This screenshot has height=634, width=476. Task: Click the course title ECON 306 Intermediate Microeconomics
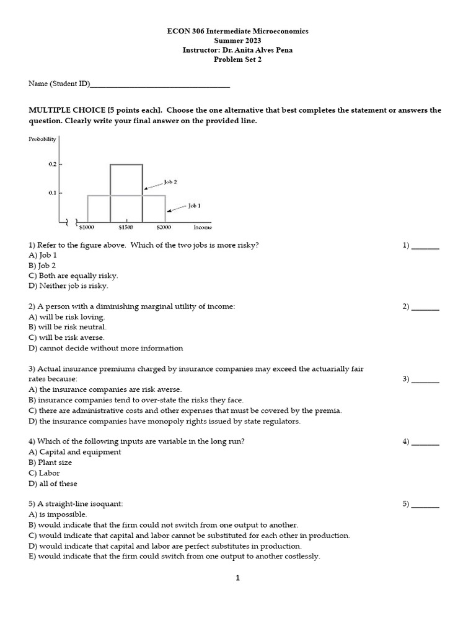click(237, 30)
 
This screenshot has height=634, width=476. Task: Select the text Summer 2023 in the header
click(237, 40)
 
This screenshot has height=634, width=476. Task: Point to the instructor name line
click(237, 50)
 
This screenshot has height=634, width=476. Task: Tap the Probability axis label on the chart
click(42, 139)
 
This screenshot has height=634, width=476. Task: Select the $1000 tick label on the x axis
click(87, 228)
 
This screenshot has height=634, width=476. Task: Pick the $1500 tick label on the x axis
click(126, 228)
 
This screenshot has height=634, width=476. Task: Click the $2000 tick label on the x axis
click(164, 228)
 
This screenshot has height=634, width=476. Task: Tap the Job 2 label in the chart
click(170, 182)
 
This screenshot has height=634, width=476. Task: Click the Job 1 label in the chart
click(194, 205)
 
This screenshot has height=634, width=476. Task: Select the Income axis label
click(203, 228)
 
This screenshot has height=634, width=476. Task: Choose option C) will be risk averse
click(67, 338)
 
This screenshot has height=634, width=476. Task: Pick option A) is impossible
click(58, 515)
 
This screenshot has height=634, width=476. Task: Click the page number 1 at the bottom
click(237, 578)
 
